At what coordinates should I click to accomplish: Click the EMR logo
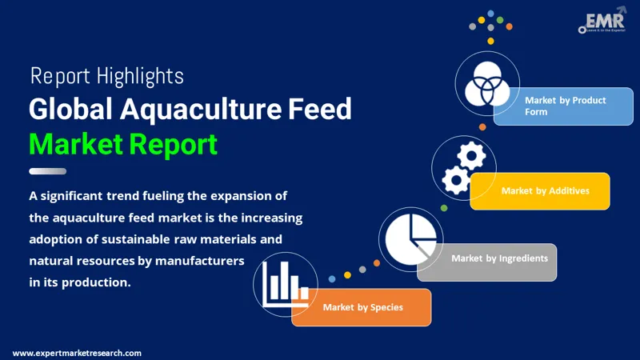tap(602, 21)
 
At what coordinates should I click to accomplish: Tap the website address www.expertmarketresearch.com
tap(77, 353)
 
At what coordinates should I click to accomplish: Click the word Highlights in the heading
tap(141, 76)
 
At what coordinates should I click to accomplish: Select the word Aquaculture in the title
tap(201, 110)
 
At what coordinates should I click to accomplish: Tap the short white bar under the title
tap(48, 171)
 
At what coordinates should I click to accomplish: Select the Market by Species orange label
tap(362, 307)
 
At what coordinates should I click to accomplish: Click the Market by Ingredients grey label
tap(487, 262)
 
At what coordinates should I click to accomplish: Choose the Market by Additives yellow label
tap(540, 191)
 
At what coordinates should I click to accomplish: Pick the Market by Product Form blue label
tap(563, 106)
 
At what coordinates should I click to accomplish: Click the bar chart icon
tap(286, 284)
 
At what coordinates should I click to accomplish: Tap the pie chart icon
tap(410, 239)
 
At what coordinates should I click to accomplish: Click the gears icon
tap(464, 168)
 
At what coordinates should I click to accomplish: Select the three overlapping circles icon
tap(487, 84)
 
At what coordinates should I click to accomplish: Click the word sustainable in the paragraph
tap(135, 239)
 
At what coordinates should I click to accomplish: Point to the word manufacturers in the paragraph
tap(199, 261)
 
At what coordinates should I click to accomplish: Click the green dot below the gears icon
tap(444, 208)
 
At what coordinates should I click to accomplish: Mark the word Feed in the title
tap(319, 109)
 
